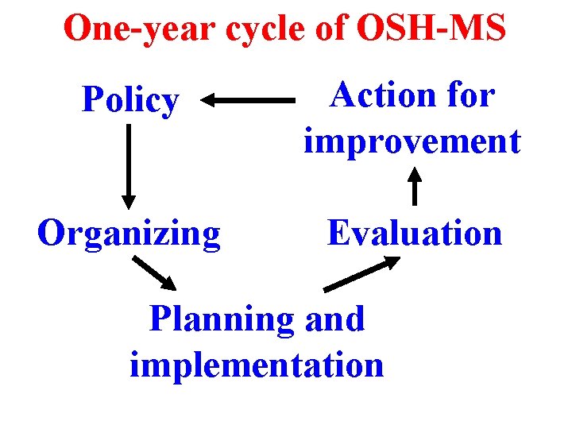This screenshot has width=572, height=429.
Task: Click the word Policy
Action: coord(131,101)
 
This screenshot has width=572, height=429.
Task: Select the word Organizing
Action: coord(129,234)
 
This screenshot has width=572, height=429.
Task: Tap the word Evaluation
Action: coord(415,234)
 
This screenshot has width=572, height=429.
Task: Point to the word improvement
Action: coord(412,141)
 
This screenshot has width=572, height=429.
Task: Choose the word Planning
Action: coord(222,319)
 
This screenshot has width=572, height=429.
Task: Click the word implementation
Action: coord(257,365)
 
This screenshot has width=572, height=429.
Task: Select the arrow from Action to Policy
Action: coord(247,101)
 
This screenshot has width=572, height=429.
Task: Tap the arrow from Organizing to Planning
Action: coord(155,272)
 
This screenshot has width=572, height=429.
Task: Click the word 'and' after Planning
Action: coord(334,319)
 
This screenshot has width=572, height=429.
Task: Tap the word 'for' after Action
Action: coord(471,96)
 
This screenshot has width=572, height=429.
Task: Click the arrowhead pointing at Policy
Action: coord(209,101)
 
